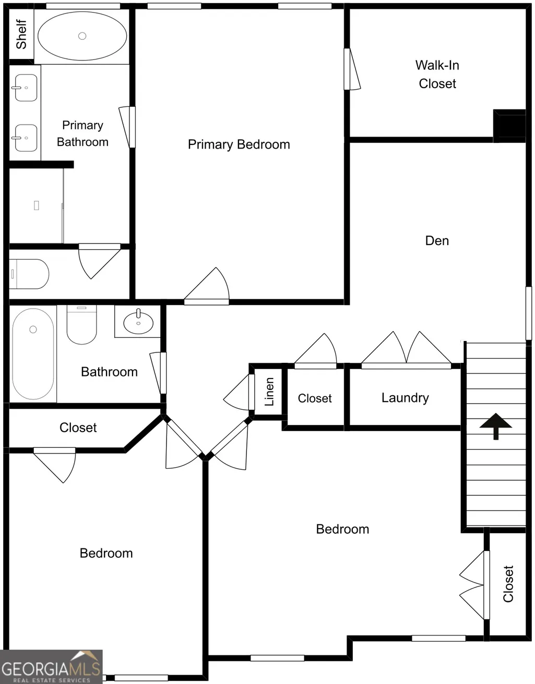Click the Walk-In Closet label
pos(437,75)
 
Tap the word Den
pos(437,241)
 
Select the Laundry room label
pos(405,398)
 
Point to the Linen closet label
pos(269,392)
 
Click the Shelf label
pos(21,34)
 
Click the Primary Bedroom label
pos(239,144)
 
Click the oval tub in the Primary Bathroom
pos(82,36)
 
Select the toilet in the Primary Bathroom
pos(29,274)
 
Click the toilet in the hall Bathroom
pos(81,324)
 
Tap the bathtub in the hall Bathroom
pos(33,354)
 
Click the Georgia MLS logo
pos(51,667)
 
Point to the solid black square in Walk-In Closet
pos(509,126)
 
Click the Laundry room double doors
pos(406,350)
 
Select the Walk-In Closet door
pos(352,69)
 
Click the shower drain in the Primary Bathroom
pos(37,205)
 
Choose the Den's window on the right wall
pos(529,313)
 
